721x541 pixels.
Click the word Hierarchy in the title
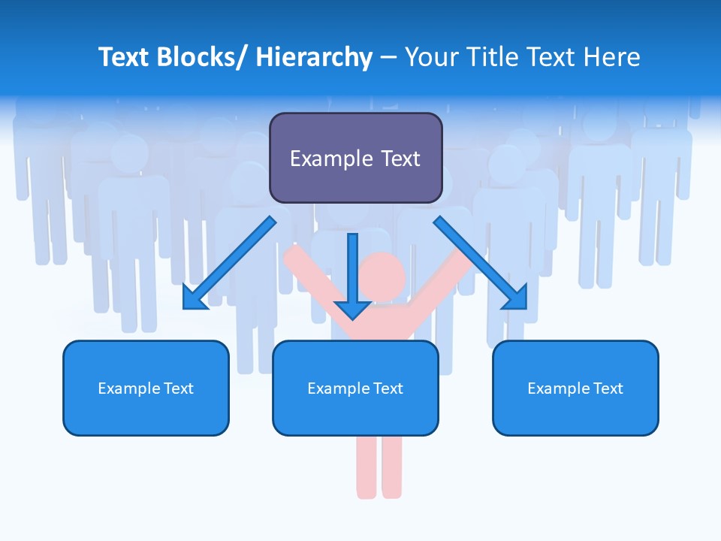coord(314,57)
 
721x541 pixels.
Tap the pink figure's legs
coord(379,466)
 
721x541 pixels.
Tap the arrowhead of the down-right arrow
coord(516,298)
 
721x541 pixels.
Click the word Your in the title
coord(432,57)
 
